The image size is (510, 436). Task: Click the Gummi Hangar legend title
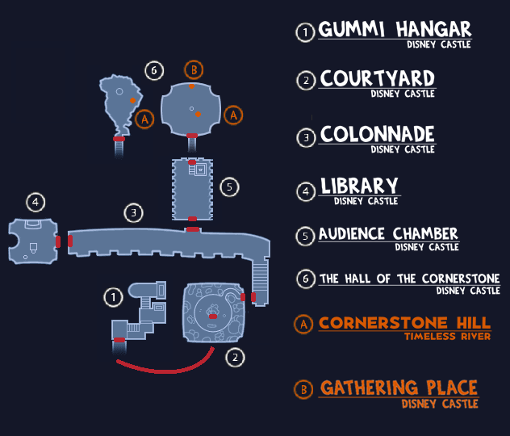click(395, 31)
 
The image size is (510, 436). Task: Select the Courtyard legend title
click(377, 79)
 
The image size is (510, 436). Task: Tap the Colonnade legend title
click(377, 134)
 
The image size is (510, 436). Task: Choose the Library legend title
click(359, 187)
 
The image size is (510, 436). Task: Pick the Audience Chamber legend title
click(388, 234)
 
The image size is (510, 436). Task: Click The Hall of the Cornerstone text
click(409, 279)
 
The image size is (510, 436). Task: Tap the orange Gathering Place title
click(399, 388)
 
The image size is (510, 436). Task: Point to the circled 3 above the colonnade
click(134, 213)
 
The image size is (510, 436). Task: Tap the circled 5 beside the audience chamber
click(230, 187)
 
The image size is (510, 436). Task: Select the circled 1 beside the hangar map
click(114, 298)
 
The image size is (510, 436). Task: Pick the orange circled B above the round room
click(192, 69)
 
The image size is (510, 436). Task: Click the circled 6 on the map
click(153, 70)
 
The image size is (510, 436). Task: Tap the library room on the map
click(32, 241)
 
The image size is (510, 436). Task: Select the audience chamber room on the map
click(192, 187)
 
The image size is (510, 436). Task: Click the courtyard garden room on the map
click(212, 311)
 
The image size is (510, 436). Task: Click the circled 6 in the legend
click(305, 279)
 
